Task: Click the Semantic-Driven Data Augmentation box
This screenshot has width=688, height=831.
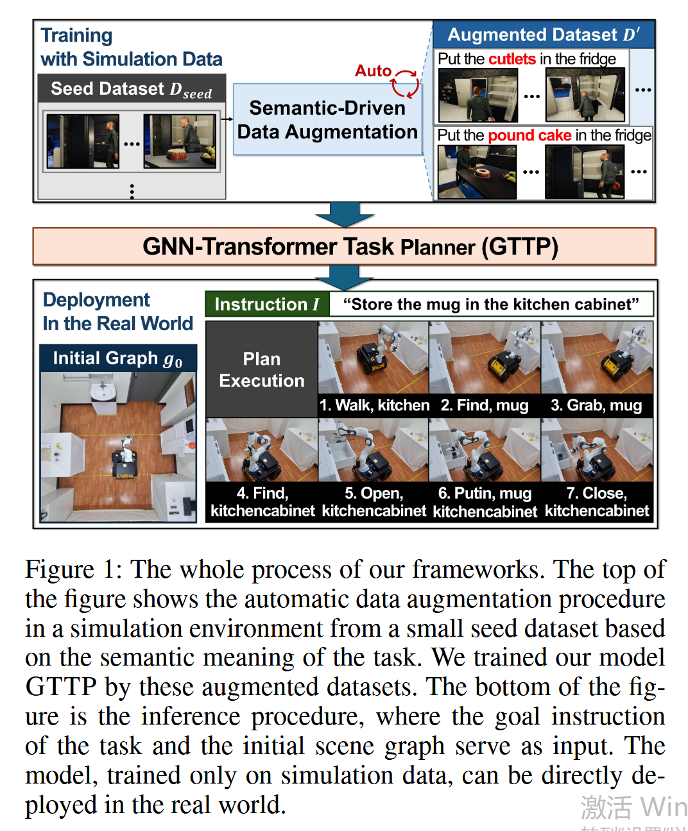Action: point(327,120)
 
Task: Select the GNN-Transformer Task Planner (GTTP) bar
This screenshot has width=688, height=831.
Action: point(344,247)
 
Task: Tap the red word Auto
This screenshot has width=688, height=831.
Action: point(373,71)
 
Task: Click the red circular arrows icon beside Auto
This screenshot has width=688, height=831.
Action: point(406,83)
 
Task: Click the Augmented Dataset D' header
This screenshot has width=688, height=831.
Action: point(543,35)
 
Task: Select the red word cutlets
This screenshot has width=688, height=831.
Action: point(512,59)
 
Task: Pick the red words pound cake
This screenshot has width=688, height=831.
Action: point(529,135)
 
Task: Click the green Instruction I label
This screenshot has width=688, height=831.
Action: point(266,304)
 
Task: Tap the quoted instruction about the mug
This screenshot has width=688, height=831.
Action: point(491,304)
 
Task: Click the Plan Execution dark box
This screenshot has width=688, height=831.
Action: point(261,369)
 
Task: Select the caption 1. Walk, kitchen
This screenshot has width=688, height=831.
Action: point(374,405)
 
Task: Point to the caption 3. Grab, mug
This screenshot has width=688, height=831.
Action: point(596,405)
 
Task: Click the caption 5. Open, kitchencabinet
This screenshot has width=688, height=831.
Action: point(374,502)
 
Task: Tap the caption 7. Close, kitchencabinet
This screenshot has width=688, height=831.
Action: point(597,502)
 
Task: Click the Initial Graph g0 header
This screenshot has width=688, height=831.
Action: point(117,358)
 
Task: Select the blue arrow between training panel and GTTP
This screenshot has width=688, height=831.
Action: point(345,214)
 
